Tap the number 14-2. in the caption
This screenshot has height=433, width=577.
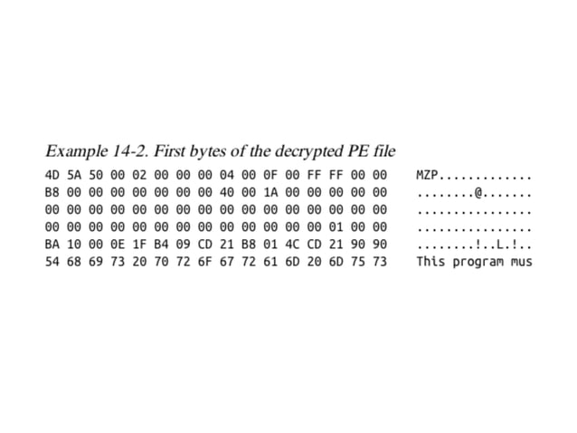129,149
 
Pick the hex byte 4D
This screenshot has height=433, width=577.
52,175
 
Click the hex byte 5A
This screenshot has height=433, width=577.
74,175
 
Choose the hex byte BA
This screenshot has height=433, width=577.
52,245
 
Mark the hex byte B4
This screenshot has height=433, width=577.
161,245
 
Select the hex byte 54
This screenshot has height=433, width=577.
52,262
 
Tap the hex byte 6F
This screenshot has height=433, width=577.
204,262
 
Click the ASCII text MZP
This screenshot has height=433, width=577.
427,175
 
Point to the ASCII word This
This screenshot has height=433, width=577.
430,262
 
